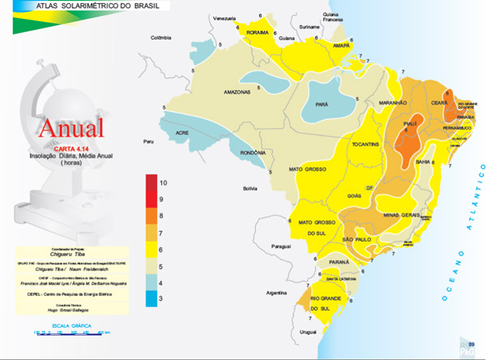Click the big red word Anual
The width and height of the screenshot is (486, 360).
(x=70, y=127)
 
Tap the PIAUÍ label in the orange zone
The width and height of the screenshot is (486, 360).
(x=409, y=124)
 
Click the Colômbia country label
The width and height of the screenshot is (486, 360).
(x=162, y=36)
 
